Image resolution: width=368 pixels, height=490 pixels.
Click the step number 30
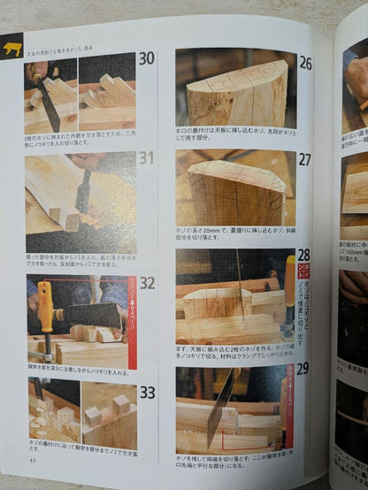[x=146, y=59]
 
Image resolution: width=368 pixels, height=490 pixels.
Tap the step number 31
[x=146, y=159]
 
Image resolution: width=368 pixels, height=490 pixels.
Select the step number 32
[x=147, y=284]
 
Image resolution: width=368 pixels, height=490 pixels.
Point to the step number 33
[x=147, y=393]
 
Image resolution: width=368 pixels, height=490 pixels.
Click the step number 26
[x=305, y=64]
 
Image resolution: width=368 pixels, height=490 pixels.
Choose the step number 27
[x=305, y=160]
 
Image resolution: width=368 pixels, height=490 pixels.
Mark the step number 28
[x=303, y=255]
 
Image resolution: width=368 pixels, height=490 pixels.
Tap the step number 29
[x=303, y=368]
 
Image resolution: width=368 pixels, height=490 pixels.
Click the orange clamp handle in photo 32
[x=44, y=306]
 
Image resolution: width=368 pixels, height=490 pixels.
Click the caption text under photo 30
[x=80, y=142]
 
